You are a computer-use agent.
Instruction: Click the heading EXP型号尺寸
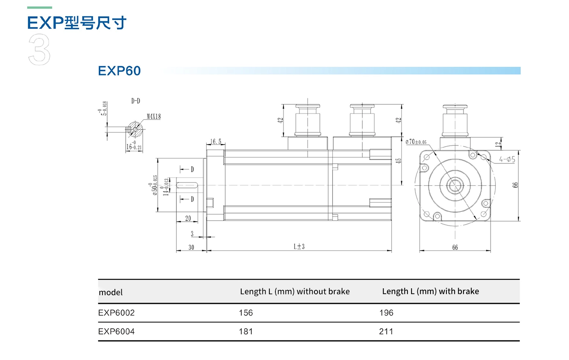point(77,23)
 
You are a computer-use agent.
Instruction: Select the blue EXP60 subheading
point(119,71)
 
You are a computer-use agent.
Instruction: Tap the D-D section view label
point(135,101)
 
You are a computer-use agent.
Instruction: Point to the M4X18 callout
point(154,116)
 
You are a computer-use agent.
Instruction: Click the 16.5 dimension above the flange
point(216,141)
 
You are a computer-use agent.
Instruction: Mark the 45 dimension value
point(398,161)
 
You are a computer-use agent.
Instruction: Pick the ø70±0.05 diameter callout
point(416,142)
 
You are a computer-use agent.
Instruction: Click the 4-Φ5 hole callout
point(507,159)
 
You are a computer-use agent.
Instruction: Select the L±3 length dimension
point(299,247)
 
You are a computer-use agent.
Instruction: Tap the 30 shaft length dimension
point(191,247)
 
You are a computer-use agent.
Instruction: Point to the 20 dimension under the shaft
point(188,218)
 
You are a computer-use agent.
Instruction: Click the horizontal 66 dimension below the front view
point(455,247)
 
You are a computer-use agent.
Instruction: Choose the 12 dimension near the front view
point(498,144)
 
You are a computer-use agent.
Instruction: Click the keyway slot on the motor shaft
point(187,185)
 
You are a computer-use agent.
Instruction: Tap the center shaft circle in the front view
point(454,186)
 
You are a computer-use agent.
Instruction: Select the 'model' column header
point(111,292)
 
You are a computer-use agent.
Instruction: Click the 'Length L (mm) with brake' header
point(430,291)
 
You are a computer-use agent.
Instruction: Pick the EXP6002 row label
point(116,313)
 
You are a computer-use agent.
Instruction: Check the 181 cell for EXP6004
point(245,332)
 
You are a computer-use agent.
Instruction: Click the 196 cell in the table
point(386,313)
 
